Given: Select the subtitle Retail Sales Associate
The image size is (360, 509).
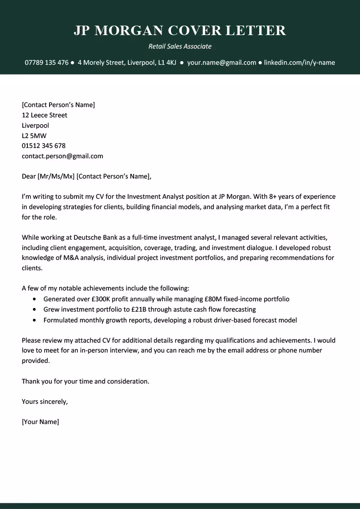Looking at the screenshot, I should [x=180, y=46].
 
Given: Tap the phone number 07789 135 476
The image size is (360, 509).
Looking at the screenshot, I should [x=46, y=63].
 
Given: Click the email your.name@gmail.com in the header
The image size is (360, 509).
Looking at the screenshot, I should [x=221, y=63].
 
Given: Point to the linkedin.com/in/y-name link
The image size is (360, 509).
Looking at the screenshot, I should [x=299, y=63].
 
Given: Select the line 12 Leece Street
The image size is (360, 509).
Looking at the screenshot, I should [x=45, y=115].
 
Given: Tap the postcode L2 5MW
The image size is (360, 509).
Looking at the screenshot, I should [x=34, y=135].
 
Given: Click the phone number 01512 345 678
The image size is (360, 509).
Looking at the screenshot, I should [x=44, y=146].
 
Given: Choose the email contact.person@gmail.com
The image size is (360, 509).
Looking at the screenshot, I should [x=62, y=156].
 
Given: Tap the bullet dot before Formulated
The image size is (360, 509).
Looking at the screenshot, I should [x=35, y=321].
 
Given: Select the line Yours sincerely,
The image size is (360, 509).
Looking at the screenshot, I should [x=45, y=402].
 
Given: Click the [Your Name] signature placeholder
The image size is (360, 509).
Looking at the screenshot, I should [x=40, y=422].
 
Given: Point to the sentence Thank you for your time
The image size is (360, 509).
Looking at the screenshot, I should [x=85, y=381].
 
